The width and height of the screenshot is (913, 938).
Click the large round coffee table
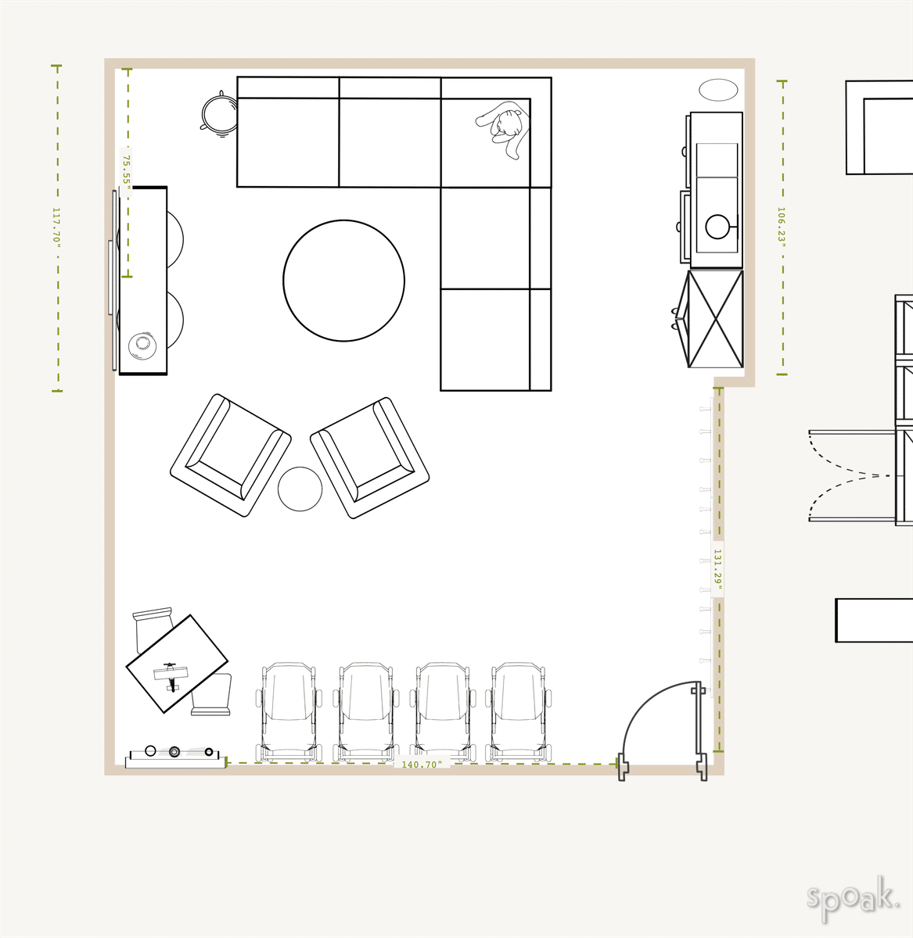tap(343, 281)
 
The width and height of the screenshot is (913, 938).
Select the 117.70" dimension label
tap(56, 227)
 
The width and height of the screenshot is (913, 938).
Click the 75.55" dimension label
tap(125, 169)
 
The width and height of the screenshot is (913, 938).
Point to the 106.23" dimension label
tap(781, 226)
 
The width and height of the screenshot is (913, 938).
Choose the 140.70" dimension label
tap(422, 764)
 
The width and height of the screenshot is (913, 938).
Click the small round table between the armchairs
tap(300, 489)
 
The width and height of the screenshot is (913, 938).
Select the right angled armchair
tap(369, 457)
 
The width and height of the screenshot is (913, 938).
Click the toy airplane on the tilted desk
tap(171, 674)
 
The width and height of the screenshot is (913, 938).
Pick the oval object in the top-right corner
tap(718, 90)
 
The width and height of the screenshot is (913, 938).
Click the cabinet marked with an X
tap(715, 319)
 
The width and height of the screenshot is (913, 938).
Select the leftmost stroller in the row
tap(288, 711)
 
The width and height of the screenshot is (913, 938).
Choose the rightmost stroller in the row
tap(519, 711)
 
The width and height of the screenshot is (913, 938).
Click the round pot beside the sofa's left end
tap(218, 114)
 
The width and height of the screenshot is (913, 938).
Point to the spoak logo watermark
tap(852, 896)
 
